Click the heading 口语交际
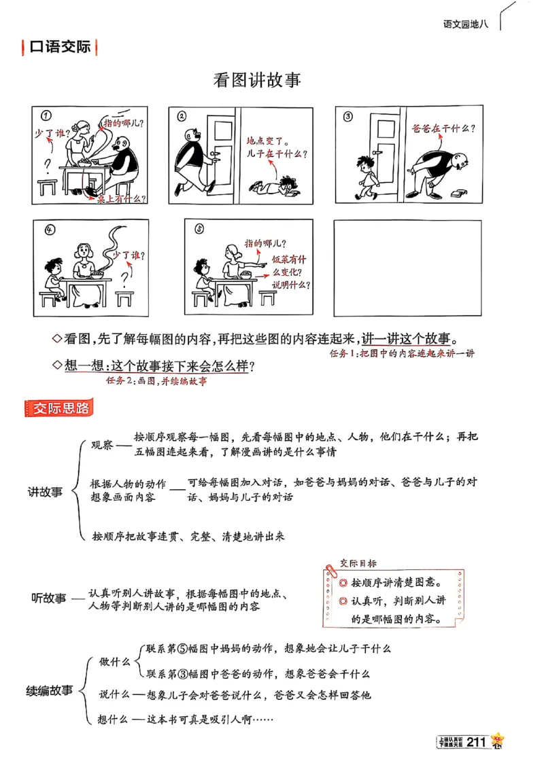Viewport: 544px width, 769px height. point(60,47)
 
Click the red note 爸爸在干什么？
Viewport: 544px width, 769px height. point(443,127)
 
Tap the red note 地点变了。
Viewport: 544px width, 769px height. point(268,142)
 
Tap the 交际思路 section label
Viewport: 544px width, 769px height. point(61,408)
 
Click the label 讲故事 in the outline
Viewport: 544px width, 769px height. point(45,492)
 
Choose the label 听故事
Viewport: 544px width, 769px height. point(49,598)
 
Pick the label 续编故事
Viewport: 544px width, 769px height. point(49,691)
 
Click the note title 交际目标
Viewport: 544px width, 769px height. point(358,563)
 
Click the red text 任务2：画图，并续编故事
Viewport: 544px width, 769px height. point(156,381)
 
